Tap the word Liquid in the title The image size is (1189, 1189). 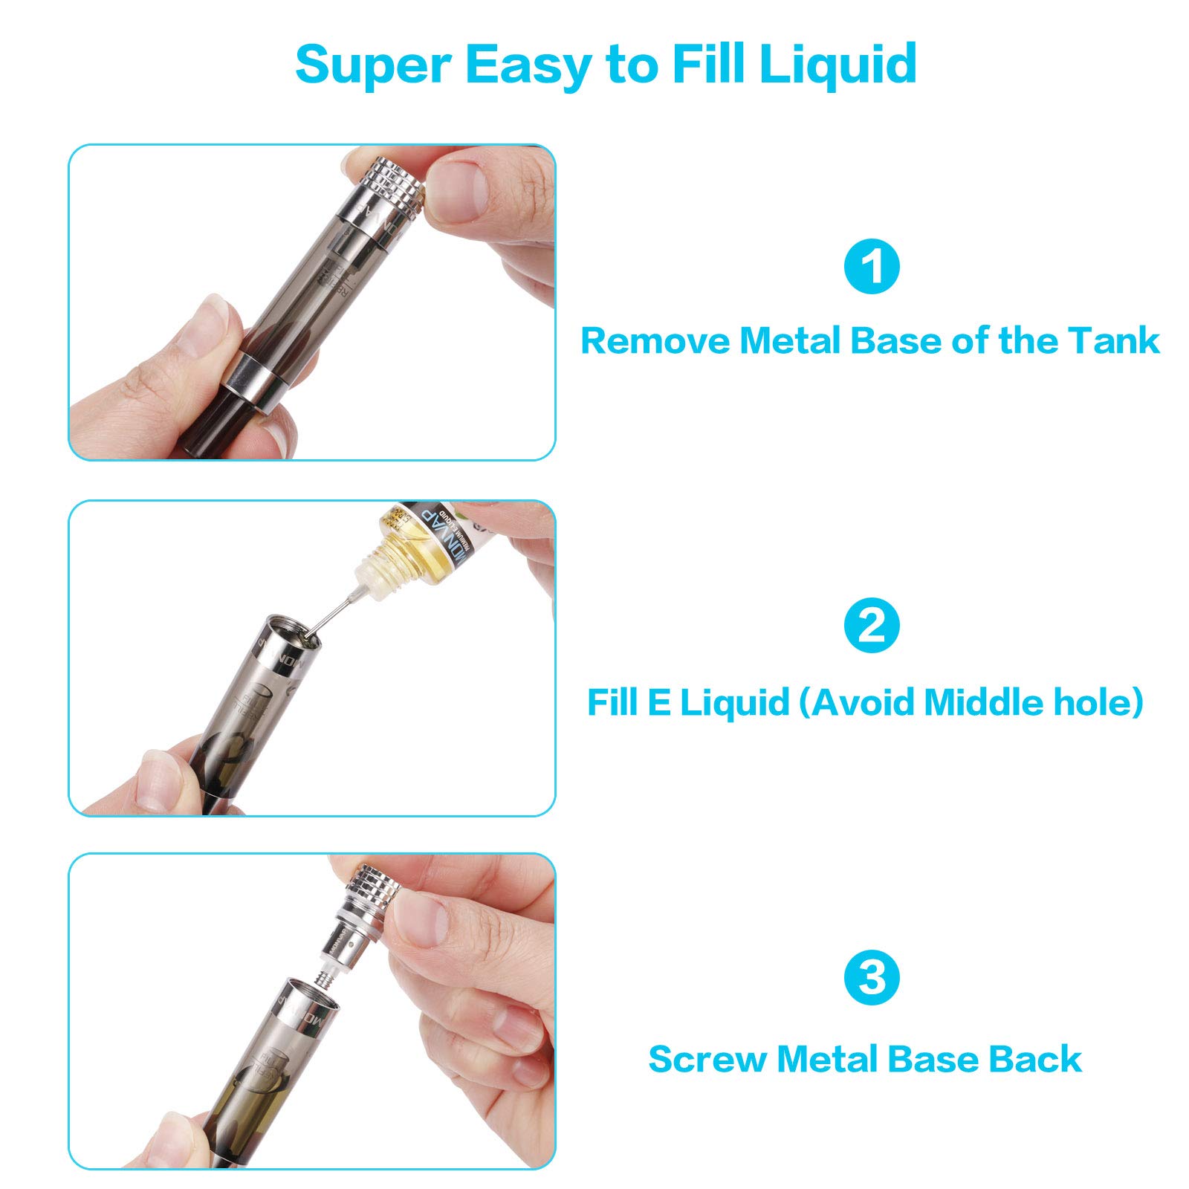coord(838,64)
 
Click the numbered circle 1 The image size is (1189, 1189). coord(872,266)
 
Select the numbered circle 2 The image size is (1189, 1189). coord(872,626)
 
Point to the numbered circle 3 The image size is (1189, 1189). coord(872,977)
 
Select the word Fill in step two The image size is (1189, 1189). coord(612,702)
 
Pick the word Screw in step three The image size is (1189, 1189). coord(707,1059)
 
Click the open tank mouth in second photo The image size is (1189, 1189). coord(294,632)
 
